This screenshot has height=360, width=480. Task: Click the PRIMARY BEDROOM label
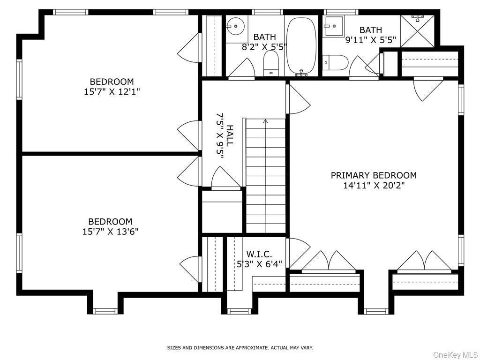[374, 175]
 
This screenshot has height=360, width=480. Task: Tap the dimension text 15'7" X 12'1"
[112, 91]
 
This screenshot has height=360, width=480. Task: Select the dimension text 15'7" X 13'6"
[111, 231]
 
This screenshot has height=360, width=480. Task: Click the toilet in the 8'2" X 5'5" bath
[271, 63]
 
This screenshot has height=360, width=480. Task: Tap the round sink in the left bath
[238, 26]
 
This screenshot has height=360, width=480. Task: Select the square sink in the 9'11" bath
[334, 26]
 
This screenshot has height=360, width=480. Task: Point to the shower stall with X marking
[417, 31]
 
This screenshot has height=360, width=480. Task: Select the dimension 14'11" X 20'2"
[374, 186]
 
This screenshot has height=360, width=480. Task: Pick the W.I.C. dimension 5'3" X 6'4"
[260, 263]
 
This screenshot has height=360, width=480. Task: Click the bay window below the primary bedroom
[376, 311]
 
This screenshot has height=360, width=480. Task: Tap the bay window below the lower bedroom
[105, 310]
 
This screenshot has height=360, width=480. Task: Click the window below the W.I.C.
[239, 310]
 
